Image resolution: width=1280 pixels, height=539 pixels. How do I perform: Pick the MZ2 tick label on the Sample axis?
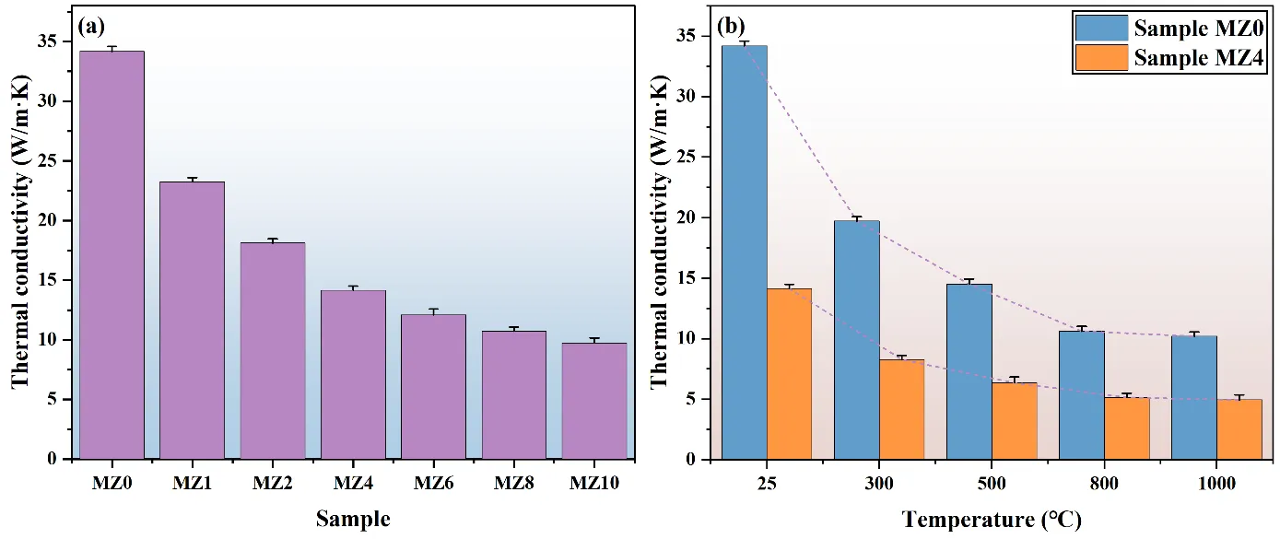click(273, 483)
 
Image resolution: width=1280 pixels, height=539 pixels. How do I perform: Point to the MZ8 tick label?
click(514, 483)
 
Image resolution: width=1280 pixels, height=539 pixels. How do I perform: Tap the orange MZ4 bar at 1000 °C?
click(1239, 429)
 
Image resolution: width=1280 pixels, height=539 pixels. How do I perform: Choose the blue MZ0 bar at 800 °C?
click(1081, 395)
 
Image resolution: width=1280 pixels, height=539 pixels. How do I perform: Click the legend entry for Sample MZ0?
click(1169, 28)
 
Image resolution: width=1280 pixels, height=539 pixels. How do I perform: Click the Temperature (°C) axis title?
click(992, 520)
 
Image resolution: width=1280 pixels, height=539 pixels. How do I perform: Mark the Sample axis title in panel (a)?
click(353, 519)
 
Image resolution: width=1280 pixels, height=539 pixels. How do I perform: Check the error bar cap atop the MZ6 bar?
click(433, 310)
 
